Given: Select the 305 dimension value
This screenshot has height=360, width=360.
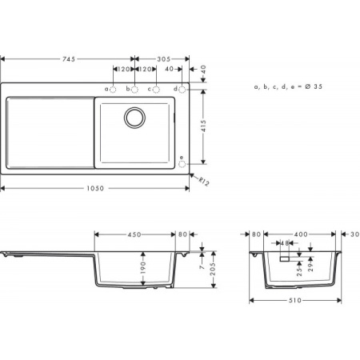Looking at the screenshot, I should tap(162, 58).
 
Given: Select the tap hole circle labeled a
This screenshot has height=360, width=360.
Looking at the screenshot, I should tap(114, 89).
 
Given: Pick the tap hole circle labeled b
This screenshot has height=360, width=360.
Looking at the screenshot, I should tap(134, 89).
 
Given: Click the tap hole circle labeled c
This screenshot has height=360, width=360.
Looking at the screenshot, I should tap(156, 89).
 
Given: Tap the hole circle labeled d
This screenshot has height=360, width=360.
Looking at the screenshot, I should tap(182, 89).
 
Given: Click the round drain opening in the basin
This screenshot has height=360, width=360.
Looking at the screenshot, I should tap(134, 118).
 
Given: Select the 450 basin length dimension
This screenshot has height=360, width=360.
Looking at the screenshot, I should tap(134, 234).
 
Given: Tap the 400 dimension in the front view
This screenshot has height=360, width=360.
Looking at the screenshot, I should tap(298, 234).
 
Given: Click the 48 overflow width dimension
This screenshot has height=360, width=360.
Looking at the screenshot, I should tap(283, 243).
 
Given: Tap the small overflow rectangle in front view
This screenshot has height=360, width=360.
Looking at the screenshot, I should tap(283, 259).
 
